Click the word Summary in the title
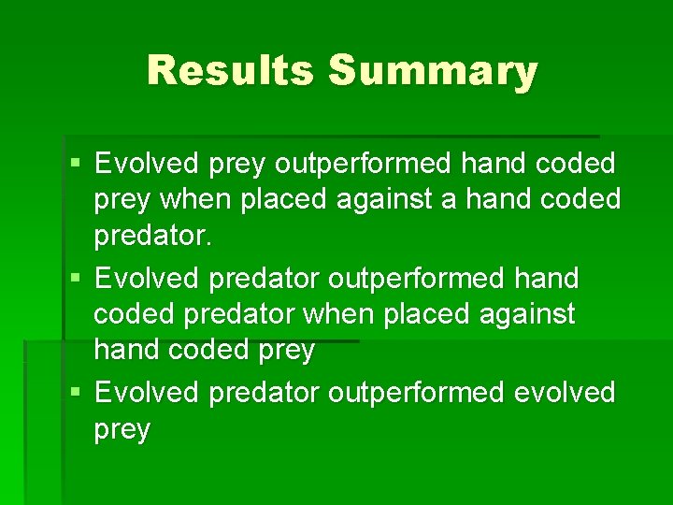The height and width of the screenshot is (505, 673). click(433, 70)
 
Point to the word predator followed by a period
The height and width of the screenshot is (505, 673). click(153, 236)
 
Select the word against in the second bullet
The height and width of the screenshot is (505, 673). click(529, 314)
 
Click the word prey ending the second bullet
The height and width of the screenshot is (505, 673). click(284, 351)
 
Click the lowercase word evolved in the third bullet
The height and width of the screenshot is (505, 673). click(565, 392)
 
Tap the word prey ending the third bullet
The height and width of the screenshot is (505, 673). click(122, 429)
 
